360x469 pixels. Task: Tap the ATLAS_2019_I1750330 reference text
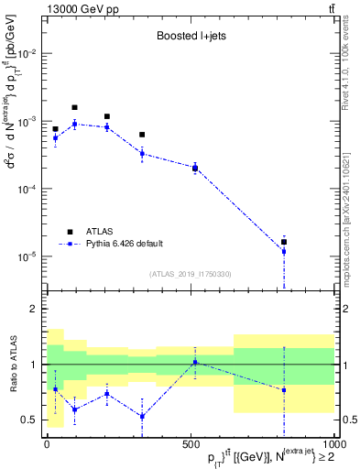[x=190, y=273]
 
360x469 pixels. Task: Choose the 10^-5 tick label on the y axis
[x=27, y=256]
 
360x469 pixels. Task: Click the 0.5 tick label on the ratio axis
[x=29, y=420]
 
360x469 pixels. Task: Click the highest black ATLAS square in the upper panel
[x=75, y=107]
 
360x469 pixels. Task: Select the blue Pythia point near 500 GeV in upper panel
[x=194, y=168]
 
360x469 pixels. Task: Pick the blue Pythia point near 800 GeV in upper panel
[x=284, y=251]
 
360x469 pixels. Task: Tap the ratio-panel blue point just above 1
[x=194, y=362]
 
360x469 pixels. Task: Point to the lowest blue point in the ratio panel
[x=142, y=417]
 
